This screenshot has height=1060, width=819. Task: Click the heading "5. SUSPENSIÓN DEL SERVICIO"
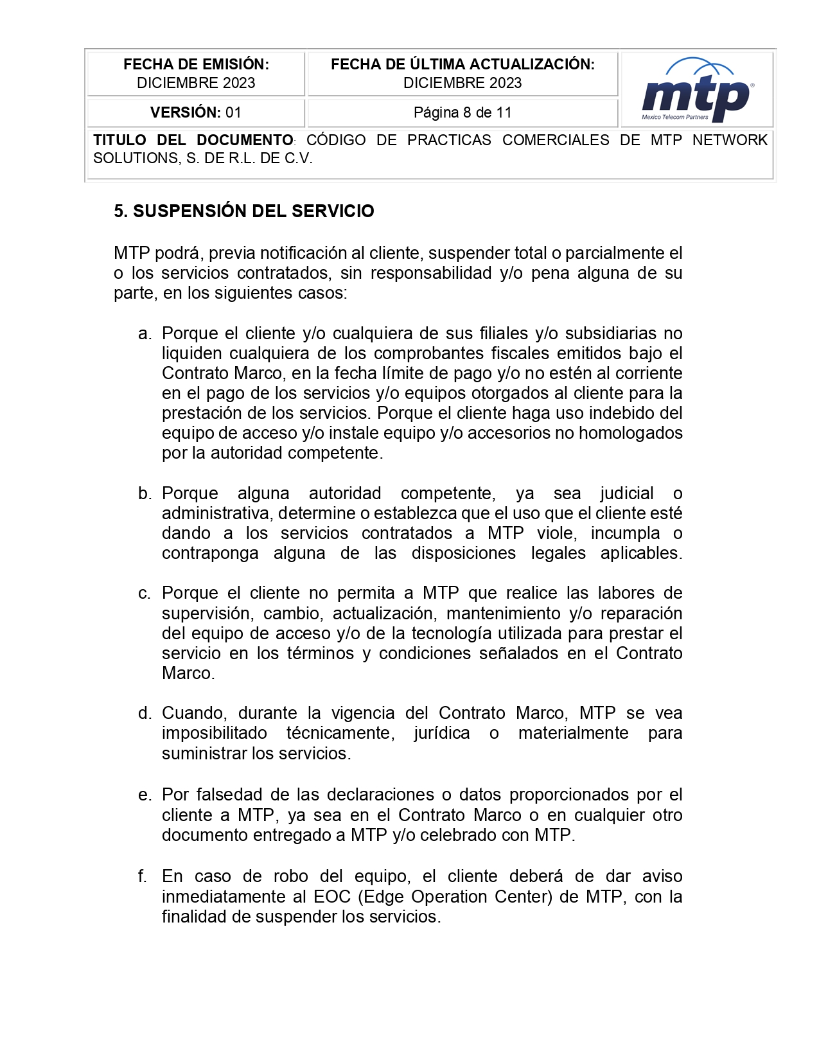point(244,211)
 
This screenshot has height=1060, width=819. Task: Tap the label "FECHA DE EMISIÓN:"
point(196,64)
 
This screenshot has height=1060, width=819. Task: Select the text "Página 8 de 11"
point(462,113)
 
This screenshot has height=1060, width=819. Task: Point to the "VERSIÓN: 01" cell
point(196,113)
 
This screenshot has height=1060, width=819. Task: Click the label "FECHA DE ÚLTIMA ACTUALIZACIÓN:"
point(462,64)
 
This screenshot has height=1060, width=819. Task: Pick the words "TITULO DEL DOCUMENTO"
point(193,140)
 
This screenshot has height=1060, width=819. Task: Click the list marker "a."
point(145,333)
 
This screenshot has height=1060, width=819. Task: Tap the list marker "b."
point(145,493)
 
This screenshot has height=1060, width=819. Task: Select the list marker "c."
point(145,593)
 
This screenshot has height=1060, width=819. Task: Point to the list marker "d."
point(145,713)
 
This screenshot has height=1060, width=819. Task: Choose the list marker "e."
point(145,795)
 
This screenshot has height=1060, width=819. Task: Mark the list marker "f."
point(143,876)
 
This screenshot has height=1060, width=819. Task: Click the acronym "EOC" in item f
point(332,896)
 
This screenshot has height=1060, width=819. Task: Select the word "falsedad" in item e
point(229,795)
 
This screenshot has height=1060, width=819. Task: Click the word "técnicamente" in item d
point(340,733)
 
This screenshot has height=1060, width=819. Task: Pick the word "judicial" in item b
point(626,493)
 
